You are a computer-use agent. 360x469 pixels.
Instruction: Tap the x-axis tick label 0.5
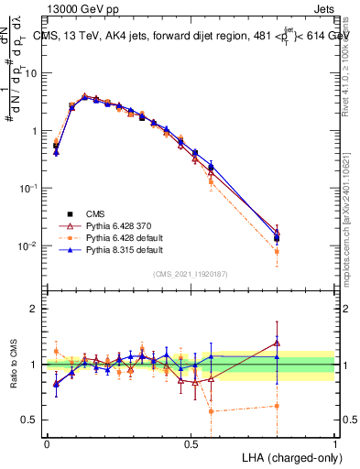point(191,443)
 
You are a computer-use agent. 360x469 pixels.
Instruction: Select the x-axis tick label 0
point(47,443)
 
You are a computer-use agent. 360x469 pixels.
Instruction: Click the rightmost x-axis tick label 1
point(334,443)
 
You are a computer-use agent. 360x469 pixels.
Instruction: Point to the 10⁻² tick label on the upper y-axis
point(29,245)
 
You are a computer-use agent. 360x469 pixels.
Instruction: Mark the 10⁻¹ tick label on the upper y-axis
point(29,188)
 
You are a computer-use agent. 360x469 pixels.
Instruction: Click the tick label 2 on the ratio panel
point(34,309)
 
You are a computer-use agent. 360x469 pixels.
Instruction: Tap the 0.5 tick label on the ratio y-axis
point(30,420)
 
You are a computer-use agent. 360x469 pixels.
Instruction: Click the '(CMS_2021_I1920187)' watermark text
point(191,274)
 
